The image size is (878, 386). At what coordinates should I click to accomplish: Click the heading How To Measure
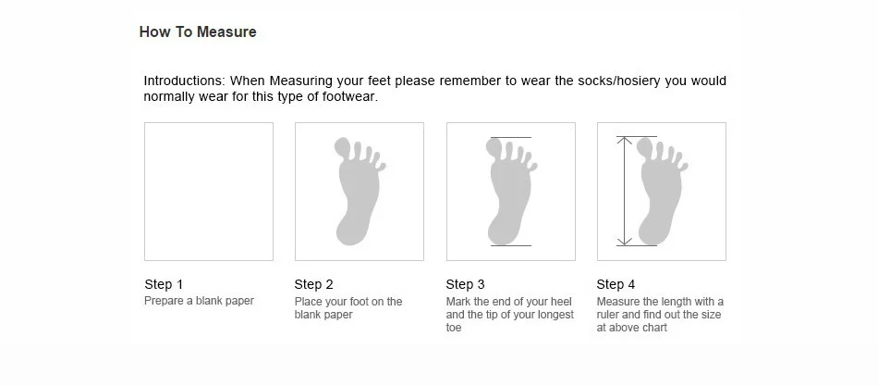pyautogui.click(x=198, y=32)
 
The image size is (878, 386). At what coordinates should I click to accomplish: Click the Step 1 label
pyautogui.click(x=164, y=284)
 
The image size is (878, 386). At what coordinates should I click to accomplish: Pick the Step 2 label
pyautogui.click(x=313, y=284)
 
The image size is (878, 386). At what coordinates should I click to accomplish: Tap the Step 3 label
pyautogui.click(x=465, y=284)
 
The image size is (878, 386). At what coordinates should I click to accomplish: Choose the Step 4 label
pyautogui.click(x=616, y=284)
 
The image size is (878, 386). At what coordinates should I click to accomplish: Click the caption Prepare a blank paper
pyautogui.click(x=200, y=301)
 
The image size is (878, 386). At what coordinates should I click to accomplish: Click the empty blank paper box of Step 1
pyautogui.click(x=209, y=192)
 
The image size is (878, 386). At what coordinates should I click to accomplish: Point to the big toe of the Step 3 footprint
pyautogui.click(x=494, y=147)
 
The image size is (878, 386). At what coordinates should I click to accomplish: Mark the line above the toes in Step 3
pyautogui.click(x=511, y=137)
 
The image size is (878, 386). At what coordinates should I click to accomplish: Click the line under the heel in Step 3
pyautogui.click(x=511, y=245)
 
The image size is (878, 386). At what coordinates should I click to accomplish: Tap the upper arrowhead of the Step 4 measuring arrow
pyautogui.click(x=625, y=141)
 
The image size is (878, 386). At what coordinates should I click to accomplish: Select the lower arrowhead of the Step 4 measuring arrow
pyautogui.click(x=625, y=242)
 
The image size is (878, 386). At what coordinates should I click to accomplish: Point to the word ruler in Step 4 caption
pyautogui.click(x=609, y=315)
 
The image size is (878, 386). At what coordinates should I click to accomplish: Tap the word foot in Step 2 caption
pyautogui.click(x=359, y=302)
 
